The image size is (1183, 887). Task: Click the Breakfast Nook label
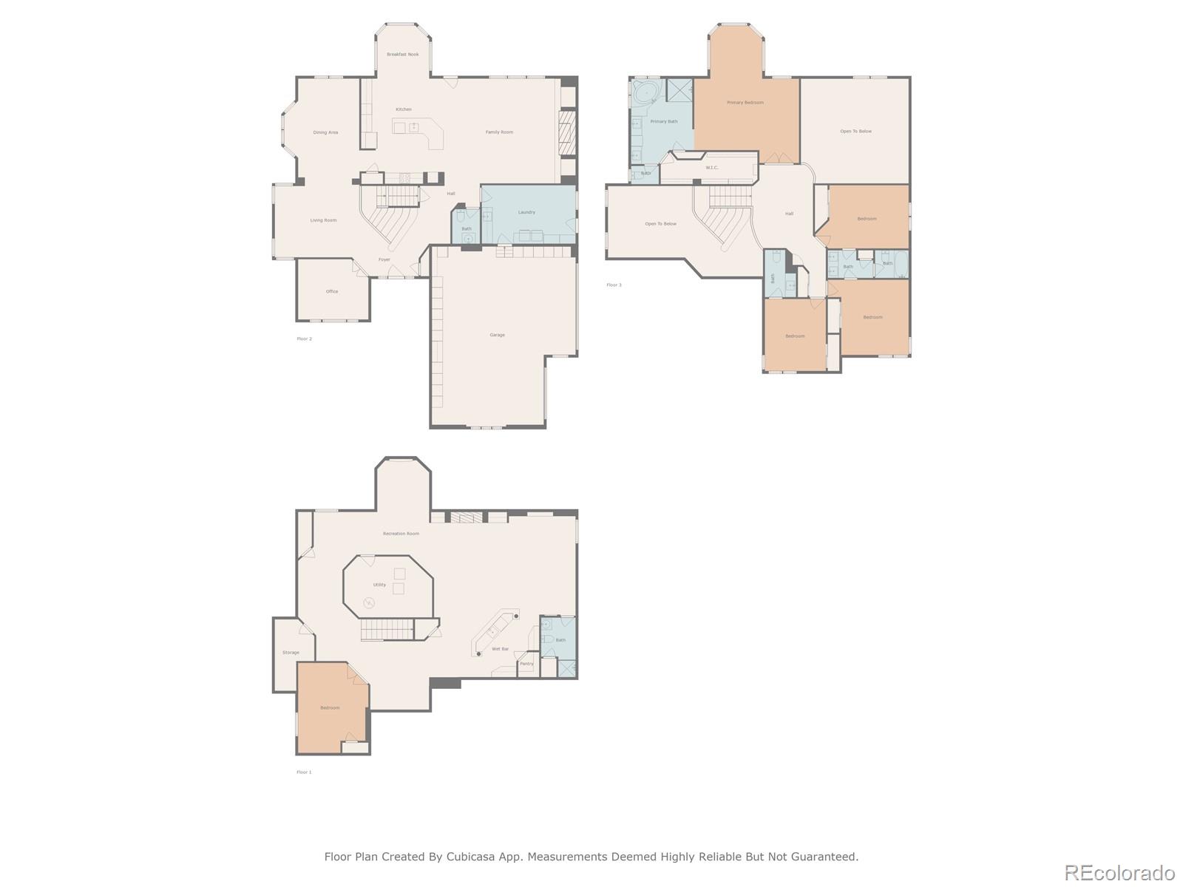click(x=403, y=55)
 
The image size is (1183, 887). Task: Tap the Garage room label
click(x=497, y=335)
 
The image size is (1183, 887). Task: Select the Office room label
click(x=332, y=291)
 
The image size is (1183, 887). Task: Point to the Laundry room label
click(x=526, y=212)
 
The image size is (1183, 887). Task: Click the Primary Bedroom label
click(x=745, y=103)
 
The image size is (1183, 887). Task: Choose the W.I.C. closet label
click(x=711, y=168)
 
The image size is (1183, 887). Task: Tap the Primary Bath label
click(x=663, y=121)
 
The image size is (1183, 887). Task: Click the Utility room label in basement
click(x=379, y=585)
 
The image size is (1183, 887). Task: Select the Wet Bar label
click(x=500, y=649)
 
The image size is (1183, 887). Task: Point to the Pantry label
click(x=526, y=664)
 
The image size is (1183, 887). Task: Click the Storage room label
click(x=291, y=653)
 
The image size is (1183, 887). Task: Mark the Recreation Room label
click(x=401, y=534)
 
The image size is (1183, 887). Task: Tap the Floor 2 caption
click(x=304, y=339)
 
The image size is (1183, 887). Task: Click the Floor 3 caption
click(x=614, y=285)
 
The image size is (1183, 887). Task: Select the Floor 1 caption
click(x=304, y=772)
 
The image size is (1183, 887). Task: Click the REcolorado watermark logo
click(x=1119, y=872)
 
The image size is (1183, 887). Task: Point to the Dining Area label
click(x=325, y=132)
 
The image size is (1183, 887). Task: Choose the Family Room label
click(x=499, y=132)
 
